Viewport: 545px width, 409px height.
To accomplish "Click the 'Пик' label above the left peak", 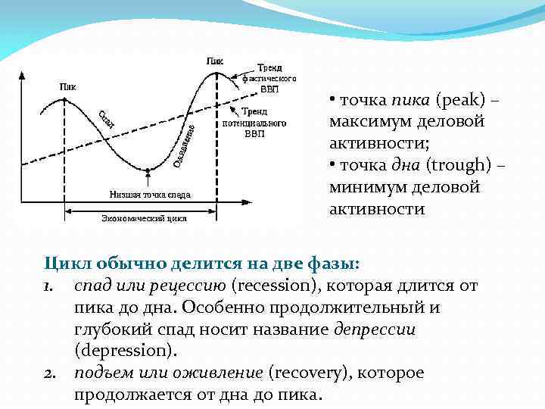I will click(67, 86).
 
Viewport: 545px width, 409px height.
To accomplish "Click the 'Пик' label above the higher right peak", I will click(215, 60).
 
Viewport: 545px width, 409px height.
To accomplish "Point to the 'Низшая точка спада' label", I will click(150, 194).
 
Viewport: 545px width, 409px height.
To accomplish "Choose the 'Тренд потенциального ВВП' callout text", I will click(254, 122).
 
